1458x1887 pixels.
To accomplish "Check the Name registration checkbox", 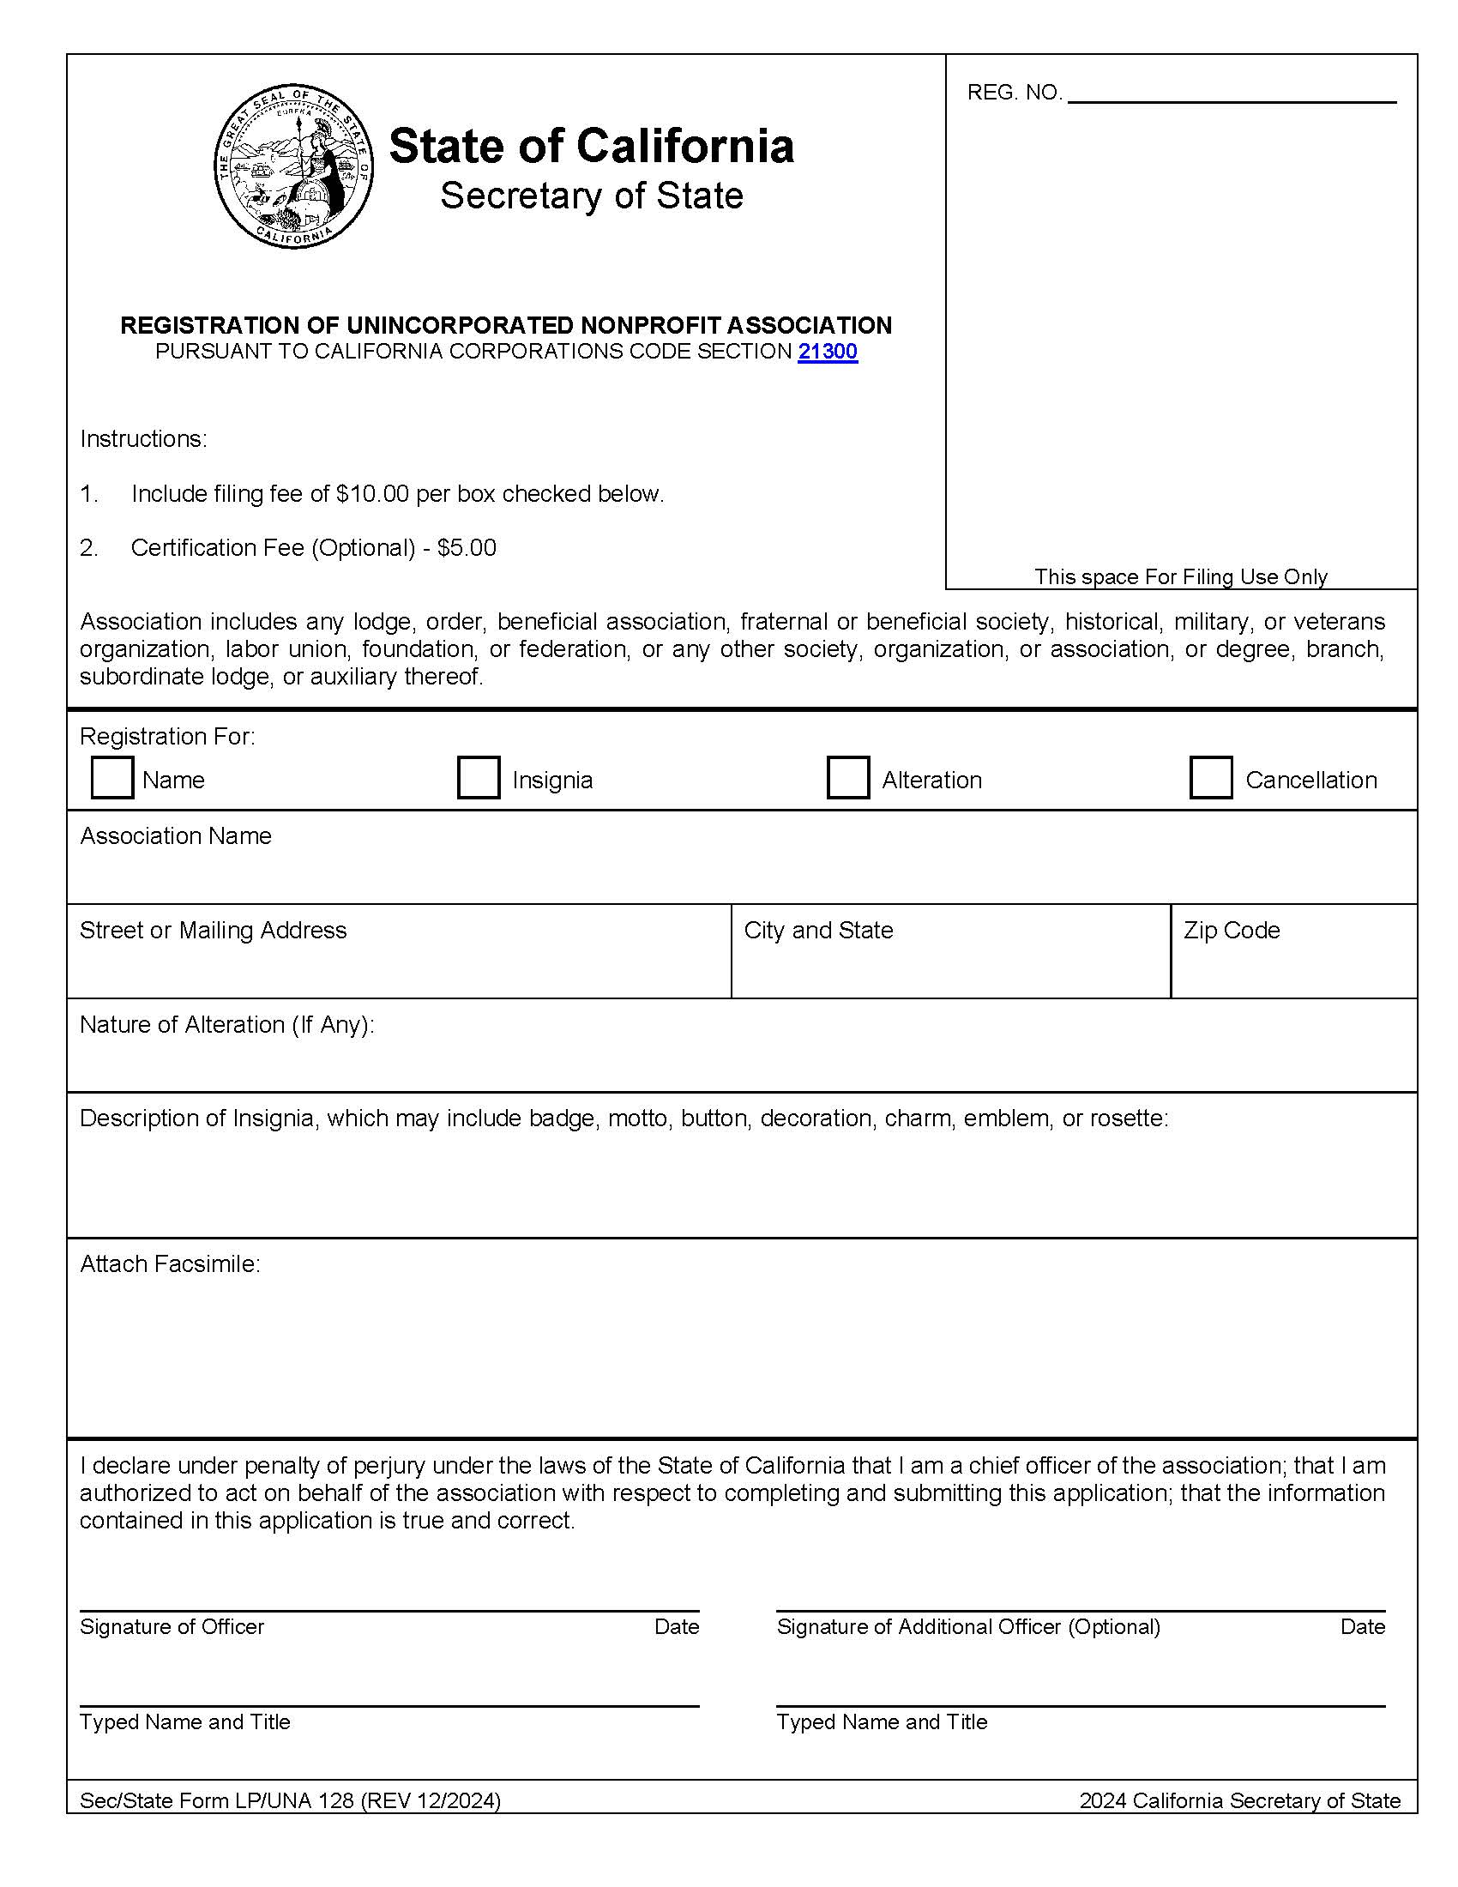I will (112, 778).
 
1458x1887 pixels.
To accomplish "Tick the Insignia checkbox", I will (479, 778).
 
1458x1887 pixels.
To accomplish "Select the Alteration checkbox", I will (847, 778).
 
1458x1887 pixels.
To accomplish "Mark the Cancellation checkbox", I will (1210, 778).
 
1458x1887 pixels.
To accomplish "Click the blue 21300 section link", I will (828, 352).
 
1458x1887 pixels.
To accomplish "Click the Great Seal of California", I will (293, 166).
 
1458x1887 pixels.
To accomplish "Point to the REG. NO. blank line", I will (1232, 97).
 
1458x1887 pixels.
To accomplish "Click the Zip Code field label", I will (1231, 931).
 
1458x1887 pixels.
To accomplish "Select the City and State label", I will (818, 931).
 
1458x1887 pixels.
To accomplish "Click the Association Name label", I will (175, 836).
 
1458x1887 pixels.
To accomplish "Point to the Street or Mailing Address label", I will (213, 931).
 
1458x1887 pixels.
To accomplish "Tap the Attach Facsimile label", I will (169, 1264).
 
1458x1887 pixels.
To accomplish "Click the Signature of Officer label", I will (172, 1627).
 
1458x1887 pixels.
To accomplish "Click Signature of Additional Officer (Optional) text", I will (968, 1627).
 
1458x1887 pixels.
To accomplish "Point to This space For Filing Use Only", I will (1181, 576).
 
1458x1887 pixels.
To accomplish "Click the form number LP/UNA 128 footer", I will (289, 1800).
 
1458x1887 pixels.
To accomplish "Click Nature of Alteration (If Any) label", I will (226, 1025).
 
